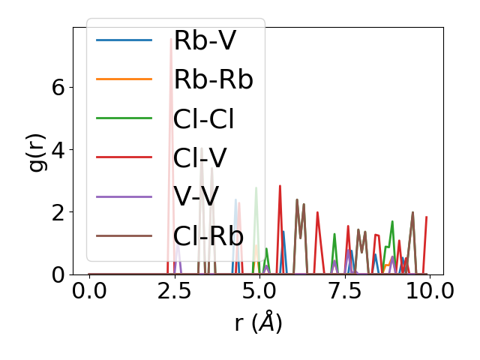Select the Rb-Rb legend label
213,79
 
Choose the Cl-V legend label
199,157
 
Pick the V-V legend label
196,196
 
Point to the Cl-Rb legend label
208,235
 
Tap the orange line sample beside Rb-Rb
124,79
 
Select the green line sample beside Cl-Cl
124,118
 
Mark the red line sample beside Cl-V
124,157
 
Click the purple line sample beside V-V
124,196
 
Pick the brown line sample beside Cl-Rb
124,235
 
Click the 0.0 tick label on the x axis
89,292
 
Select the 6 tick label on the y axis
58,87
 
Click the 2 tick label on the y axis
58,212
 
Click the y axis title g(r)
36,150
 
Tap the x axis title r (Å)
259,322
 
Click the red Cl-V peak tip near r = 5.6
280,185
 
